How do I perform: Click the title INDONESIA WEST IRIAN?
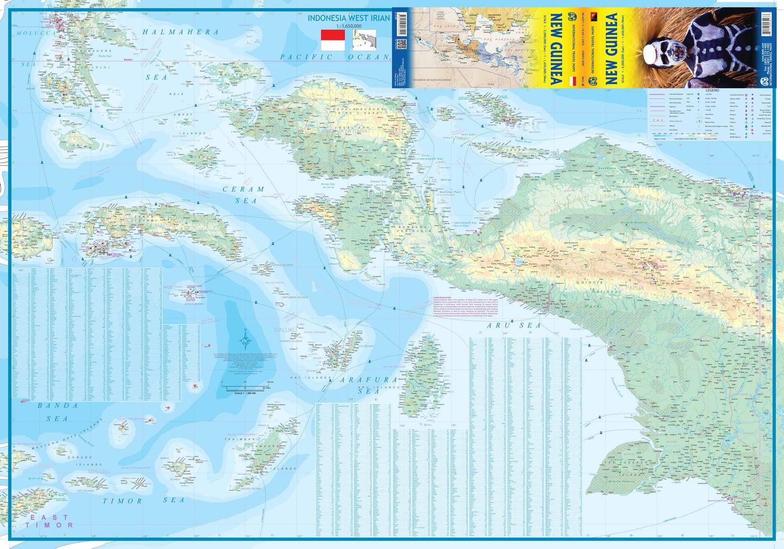tap(348, 18)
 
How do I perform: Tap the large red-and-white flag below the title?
tap(332, 40)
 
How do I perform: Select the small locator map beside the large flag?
tap(364, 40)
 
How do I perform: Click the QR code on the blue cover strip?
tap(401, 44)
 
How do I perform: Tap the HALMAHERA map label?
tap(181, 32)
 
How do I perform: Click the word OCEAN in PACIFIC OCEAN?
tap(368, 57)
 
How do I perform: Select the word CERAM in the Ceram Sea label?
tap(244, 189)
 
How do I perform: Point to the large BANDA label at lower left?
tap(58, 405)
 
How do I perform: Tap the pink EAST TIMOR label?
tap(49, 521)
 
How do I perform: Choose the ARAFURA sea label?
tap(369, 380)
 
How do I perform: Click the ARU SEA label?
tap(514, 325)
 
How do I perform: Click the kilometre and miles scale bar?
tap(245, 388)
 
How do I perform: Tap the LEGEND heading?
tap(712, 90)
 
